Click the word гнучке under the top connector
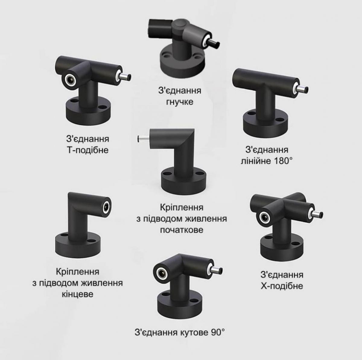[179, 102]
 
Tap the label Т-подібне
[87, 150]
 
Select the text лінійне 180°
[267, 161]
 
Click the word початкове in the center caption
[182, 230]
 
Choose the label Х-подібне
[282, 286]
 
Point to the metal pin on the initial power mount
[144, 139]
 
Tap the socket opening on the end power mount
[106, 207]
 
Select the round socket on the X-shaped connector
[265, 217]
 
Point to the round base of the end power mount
[78, 244]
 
